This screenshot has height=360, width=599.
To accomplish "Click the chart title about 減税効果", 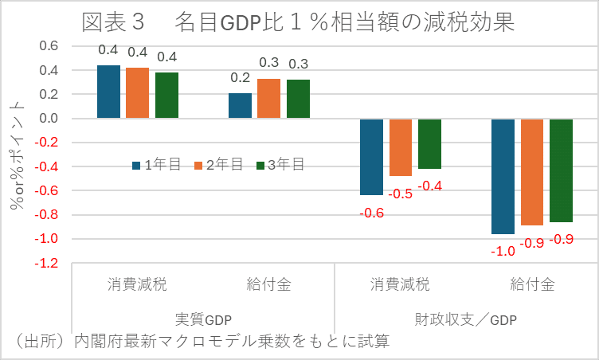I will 299,22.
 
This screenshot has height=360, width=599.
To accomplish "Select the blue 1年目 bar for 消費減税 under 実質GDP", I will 108,92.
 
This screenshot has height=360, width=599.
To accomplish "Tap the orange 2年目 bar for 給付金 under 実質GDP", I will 268,99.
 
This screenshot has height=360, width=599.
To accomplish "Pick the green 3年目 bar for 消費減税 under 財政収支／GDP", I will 430,143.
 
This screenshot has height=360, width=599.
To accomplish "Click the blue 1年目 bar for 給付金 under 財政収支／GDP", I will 503,176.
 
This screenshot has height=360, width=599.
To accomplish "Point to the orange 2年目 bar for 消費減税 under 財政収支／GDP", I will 401,147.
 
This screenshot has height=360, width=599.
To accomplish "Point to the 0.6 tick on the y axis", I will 49,46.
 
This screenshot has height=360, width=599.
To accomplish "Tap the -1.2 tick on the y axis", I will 47,263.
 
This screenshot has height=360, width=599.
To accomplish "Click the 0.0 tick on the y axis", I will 49,119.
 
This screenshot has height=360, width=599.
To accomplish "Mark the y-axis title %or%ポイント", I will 17,155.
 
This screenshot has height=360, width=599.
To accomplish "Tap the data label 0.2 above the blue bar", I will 240,78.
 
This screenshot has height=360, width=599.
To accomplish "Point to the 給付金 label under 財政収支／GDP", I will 532,284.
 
